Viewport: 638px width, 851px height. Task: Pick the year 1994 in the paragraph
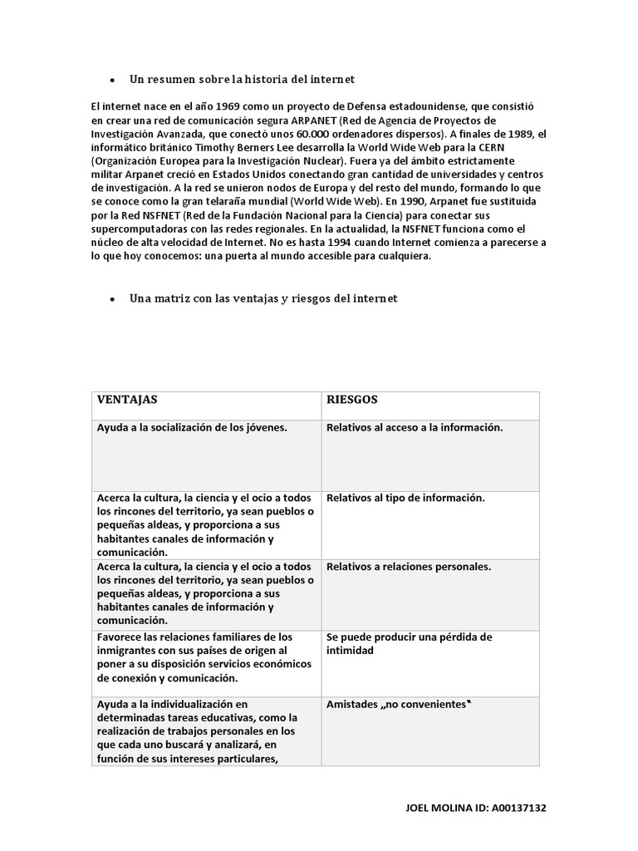click(x=346, y=243)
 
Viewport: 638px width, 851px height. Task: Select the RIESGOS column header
click(x=352, y=400)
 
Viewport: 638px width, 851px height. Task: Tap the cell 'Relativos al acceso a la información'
click(x=415, y=428)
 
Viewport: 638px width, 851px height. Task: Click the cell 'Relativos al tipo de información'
click(x=405, y=499)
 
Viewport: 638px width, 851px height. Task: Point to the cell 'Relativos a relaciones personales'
click(x=409, y=568)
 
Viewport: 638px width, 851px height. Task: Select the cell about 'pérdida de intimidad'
click(x=410, y=644)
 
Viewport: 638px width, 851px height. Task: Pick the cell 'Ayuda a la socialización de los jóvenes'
click(x=192, y=428)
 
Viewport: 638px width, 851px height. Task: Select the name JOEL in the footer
click(x=419, y=807)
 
